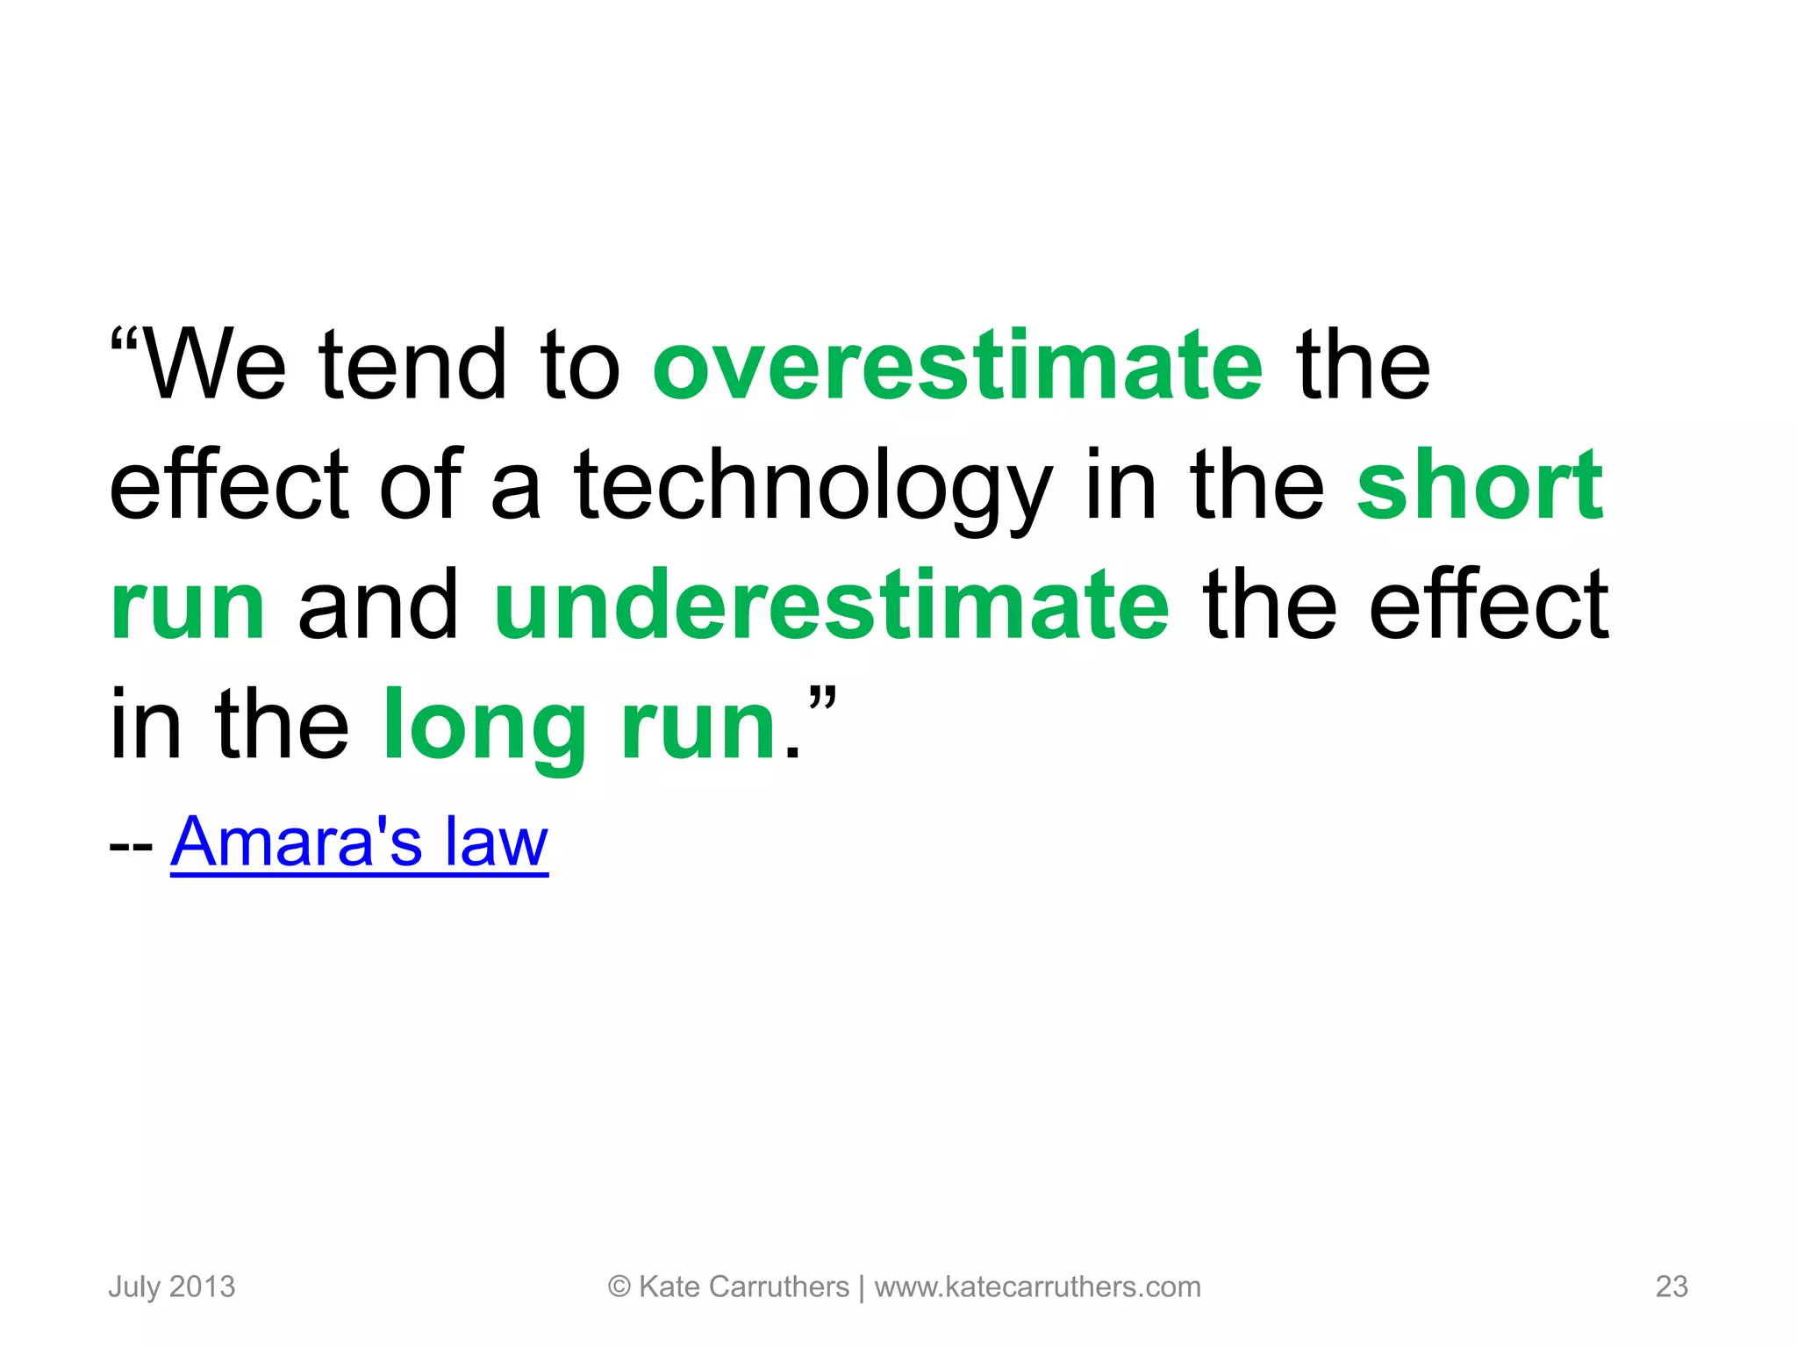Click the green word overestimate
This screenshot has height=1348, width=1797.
point(957,365)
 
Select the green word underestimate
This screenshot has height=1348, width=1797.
point(831,606)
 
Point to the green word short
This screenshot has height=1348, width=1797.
point(1480,484)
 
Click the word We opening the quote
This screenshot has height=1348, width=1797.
point(213,365)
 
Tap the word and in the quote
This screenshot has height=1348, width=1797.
point(378,606)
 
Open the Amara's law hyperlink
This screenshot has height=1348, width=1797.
point(359,842)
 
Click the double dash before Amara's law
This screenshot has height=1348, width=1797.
point(131,848)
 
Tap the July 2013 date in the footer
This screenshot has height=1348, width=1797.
point(172,1287)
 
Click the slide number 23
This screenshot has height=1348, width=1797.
point(1671,1287)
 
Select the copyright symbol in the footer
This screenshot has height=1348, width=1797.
point(619,1287)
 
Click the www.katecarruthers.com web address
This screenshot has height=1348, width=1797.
point(1037,1287)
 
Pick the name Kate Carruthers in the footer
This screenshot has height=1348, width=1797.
point(744,1287)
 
